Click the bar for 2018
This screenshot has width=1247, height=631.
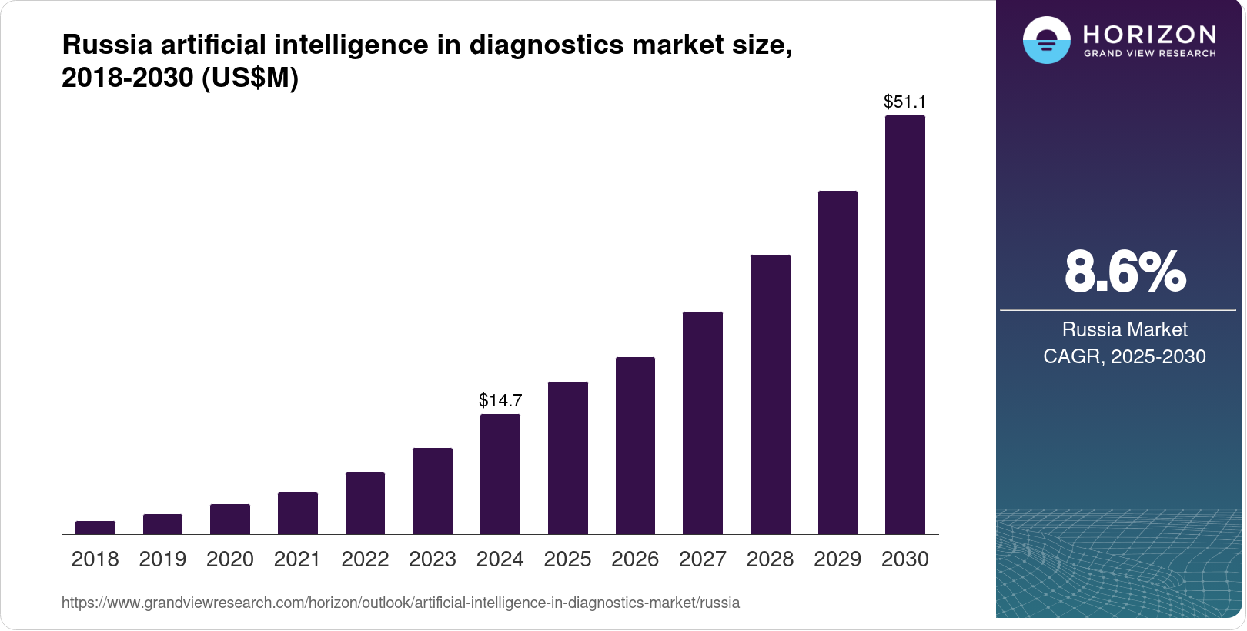point(95,527)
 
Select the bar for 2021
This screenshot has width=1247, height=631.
point(298,513)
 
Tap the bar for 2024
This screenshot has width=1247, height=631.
point(500,474)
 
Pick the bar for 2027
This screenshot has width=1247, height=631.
point(703,422)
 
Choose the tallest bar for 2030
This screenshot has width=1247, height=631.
point(905,325)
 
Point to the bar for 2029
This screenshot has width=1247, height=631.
point(837,362)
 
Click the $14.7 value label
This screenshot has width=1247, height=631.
point(500,400)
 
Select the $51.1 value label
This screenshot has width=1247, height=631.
point(905,102)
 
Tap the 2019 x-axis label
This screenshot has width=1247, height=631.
point(162,559)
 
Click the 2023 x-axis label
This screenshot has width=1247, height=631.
point(433,559)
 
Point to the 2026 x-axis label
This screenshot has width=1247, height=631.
point(635,559)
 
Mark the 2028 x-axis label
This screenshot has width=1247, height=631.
point(770,559)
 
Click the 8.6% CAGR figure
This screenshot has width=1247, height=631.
point(1125,272)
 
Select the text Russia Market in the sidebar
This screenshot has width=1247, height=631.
point(1125,329)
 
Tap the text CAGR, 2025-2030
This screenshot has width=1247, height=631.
point(1125,356)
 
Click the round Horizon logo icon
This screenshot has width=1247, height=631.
point(1046,40)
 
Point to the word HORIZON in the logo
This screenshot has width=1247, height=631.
point(1150,35)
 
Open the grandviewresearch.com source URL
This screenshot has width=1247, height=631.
point(400,603)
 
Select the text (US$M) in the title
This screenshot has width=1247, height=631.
point(250,78)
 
